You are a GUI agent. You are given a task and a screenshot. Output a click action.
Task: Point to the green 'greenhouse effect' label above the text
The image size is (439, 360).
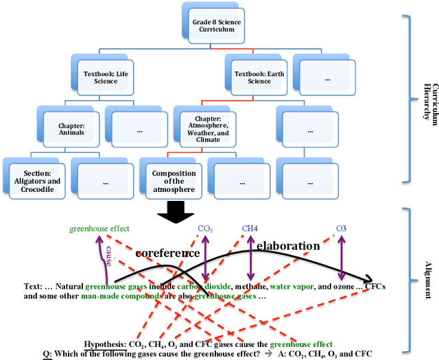pos(99,229)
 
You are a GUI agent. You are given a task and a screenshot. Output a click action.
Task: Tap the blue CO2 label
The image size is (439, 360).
pos(205,228)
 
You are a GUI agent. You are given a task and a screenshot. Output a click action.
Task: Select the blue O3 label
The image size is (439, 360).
pos(341,228)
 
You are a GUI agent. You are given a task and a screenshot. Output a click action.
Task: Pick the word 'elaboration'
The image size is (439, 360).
pos(288,245)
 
